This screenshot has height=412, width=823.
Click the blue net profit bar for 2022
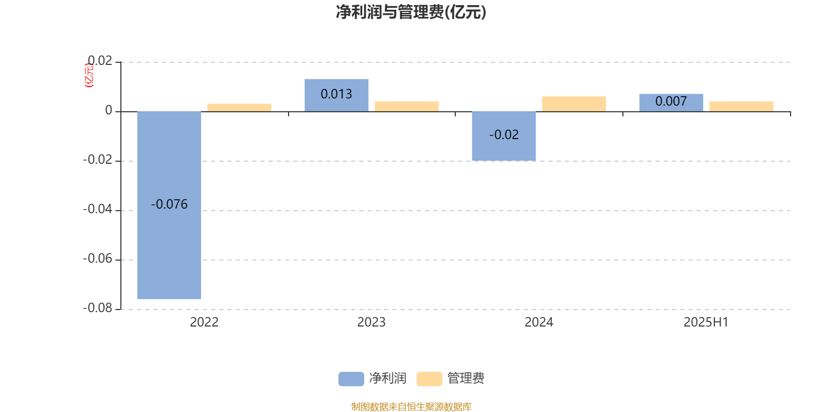pyautogui.click(x=169, y=205)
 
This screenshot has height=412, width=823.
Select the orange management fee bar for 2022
pyautogui.click(x=239, y=108)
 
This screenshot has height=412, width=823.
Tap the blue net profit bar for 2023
pyautogui.click(x=336, y=95)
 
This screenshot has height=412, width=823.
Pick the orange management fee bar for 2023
pyautogui.click(x=407, y=106)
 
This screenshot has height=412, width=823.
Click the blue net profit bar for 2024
pyautogui.click(x=504, y=136)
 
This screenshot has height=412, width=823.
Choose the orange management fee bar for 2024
pyautogui.click(x=574, y=104)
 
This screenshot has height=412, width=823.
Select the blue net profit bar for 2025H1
pyautogui.click(x=671, y=102)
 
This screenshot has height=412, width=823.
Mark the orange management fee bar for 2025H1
pyautogui.click(x=741, y=106)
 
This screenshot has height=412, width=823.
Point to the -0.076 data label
pyautogui.click(x=169, y=204)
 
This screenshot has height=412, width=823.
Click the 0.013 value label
pyautogui.click(x=336, y=94)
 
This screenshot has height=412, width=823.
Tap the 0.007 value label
pyautogui.click(x=671, y=101)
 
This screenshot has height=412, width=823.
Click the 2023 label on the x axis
pyautogui.click(x=371, y=322)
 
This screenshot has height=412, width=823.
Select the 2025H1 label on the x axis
pyautogui.click(x=706, y=322)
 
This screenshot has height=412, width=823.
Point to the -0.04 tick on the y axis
pyautogui.click(x=97, y=209)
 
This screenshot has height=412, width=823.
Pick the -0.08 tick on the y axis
pyautogui.click(x=97, y=308)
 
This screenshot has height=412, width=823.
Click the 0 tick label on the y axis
pyautogui.click(x=109, y=110)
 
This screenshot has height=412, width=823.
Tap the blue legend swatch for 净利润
pyautogui.click(x=351, y=379)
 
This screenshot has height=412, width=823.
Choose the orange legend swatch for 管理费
pyautogui.click(x=429, y=379)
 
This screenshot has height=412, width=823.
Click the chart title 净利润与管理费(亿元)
pyautogui.click(x=411, y=12)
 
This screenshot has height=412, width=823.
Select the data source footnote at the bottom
pyautogui.click(x=411, y=406)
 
